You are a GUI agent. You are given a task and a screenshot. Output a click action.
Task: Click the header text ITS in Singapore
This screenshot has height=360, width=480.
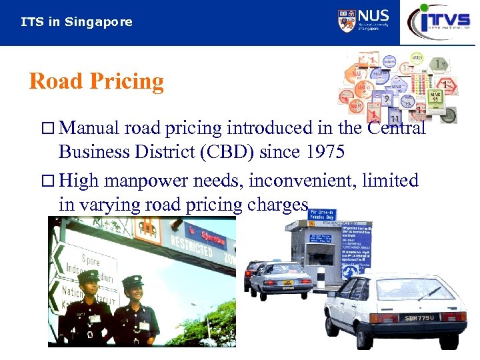(x=77, y=22)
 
